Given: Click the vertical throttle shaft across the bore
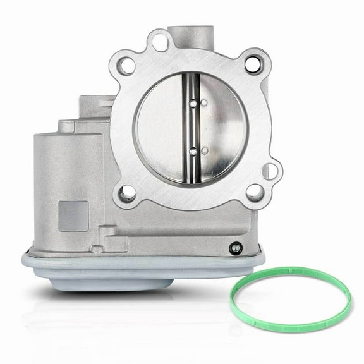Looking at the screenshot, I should (190, 126).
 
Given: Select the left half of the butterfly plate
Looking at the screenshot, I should (161, 126).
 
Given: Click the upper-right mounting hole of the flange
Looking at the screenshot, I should (253, 63).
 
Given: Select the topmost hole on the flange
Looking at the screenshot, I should (161, 42).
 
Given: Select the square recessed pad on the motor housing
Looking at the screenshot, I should (73, 215).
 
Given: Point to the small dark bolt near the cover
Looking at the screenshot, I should (235, 248).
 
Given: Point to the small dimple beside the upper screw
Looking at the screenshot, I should (204, 102).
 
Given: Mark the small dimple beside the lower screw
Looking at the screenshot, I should (204, 150).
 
